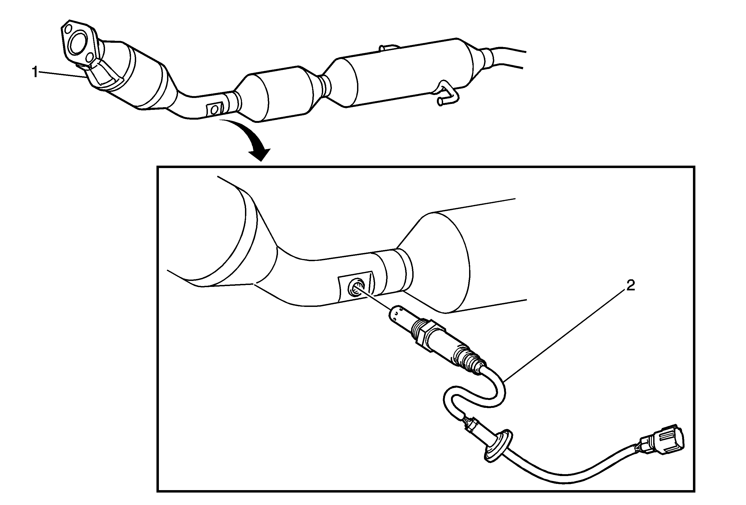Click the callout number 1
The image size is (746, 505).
coord(35,73)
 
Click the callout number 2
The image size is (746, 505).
coord(630,285)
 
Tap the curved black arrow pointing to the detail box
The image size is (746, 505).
coord(250,140)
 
